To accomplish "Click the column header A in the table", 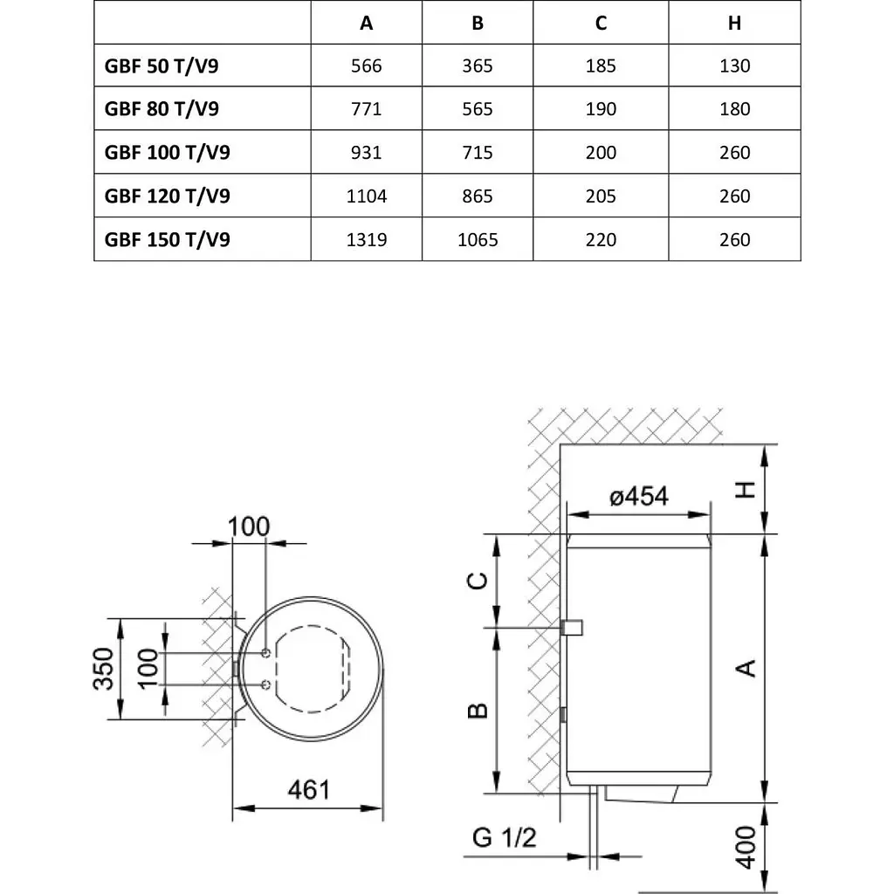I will coord(367,23).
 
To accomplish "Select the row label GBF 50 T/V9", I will coord(162,65).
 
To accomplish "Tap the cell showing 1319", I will coord(367,239).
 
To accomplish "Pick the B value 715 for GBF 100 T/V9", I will coord(477,153).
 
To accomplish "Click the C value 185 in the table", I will coord(601,65).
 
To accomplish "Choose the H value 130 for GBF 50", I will coord(735,65).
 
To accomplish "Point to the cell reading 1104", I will coord(367,196).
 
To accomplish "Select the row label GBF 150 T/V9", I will coord(167,239).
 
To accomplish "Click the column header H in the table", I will coord(735,23).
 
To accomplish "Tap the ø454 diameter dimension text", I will coord(638,496).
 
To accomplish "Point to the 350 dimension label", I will coord(103,669).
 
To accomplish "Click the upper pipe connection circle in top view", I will coord(265,653).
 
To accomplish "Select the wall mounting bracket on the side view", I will coord(574,627).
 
